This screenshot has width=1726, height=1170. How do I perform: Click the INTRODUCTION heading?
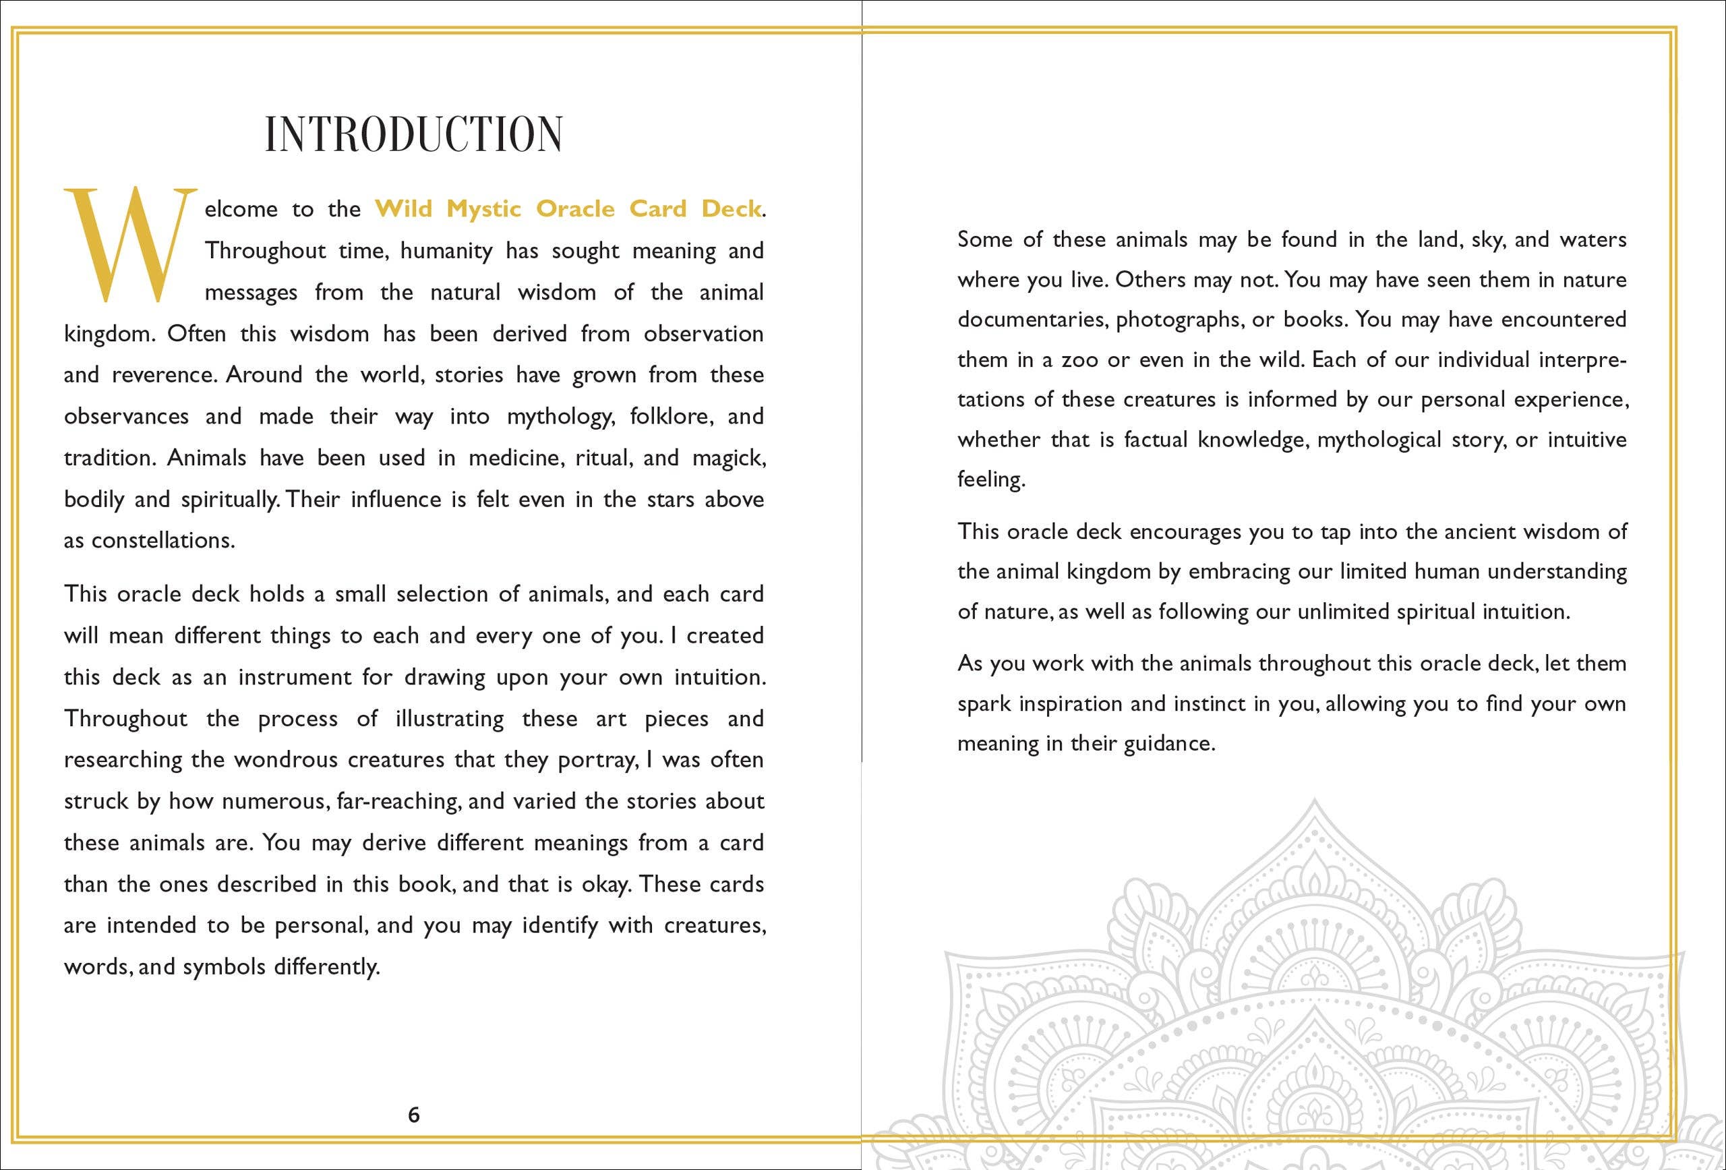(414, 134)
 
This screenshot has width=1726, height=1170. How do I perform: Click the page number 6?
(414, 1114)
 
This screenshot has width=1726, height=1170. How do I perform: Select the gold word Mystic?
(483, 210)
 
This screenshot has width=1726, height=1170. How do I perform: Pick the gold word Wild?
(403, 209)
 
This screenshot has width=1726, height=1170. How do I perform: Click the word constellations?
(162, 541)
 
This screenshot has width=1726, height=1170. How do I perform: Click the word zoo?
(1080, 360)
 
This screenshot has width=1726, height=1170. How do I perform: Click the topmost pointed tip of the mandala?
(1314, 800)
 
